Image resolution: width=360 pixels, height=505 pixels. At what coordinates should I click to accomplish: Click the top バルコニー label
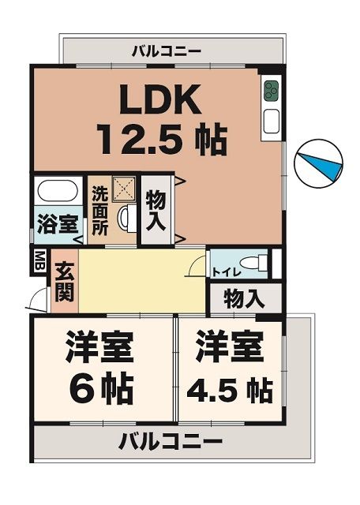(167, 52)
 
